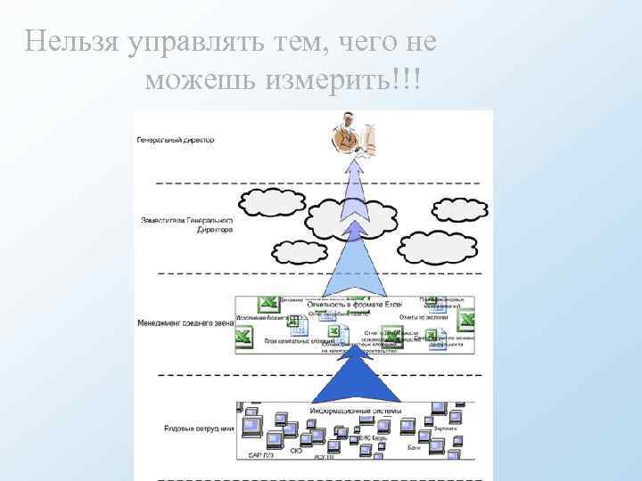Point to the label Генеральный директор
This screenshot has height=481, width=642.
point(176,140)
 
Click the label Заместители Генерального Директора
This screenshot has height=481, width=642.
point(187,224)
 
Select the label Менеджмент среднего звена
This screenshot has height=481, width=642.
point(185,324)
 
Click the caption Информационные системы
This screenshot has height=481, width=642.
point(356,411)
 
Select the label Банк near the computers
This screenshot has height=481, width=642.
point(413,447)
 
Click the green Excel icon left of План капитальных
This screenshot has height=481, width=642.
point(243,337)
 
